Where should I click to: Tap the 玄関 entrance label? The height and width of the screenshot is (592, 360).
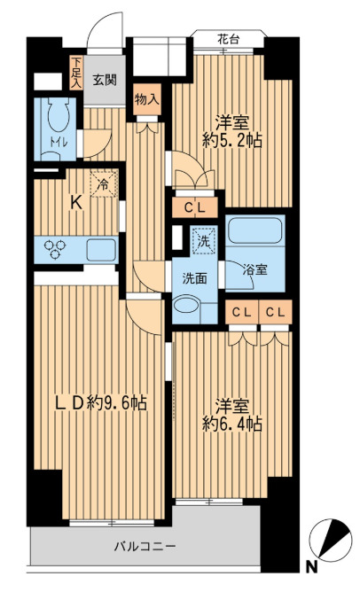(104, 80)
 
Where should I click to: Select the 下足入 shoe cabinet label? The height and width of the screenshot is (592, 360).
(77, 73)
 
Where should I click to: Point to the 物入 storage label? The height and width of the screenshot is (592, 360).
(147, 98)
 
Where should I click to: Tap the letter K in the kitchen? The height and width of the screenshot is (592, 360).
(76, 201)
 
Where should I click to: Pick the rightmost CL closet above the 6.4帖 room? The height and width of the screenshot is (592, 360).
(275, 312)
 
